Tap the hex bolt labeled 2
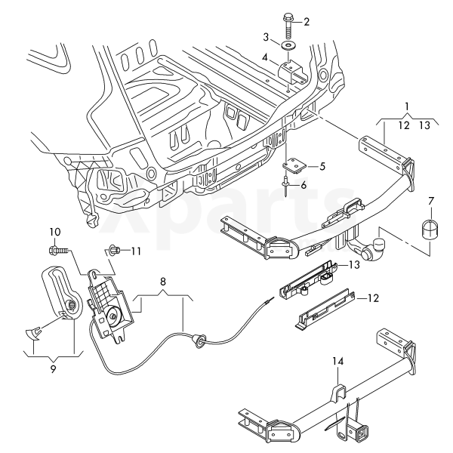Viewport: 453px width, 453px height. (291, 24)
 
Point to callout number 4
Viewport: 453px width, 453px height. (265, 57)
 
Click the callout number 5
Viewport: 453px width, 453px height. (322, 165)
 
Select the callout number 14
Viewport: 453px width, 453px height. (338, 362)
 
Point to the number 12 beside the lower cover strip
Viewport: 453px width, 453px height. (372, 299)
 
